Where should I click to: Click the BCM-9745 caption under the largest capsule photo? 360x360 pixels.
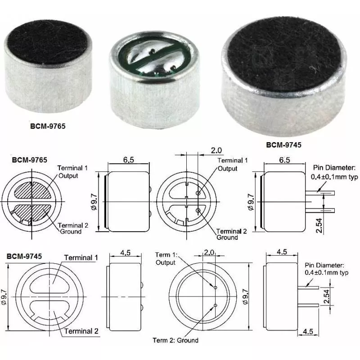(x=283, y=145)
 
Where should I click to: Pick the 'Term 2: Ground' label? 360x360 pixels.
(x=175, y=340)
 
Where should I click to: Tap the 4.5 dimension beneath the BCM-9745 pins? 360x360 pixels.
(x=308, y=332)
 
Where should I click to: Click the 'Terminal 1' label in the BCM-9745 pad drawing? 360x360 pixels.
(x=81, y=258)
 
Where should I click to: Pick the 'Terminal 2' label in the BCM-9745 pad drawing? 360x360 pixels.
(x=81, y=331)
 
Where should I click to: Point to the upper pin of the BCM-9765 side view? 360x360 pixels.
(x=322, y=193)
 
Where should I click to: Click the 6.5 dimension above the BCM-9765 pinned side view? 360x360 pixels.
(x=284, y=160)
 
